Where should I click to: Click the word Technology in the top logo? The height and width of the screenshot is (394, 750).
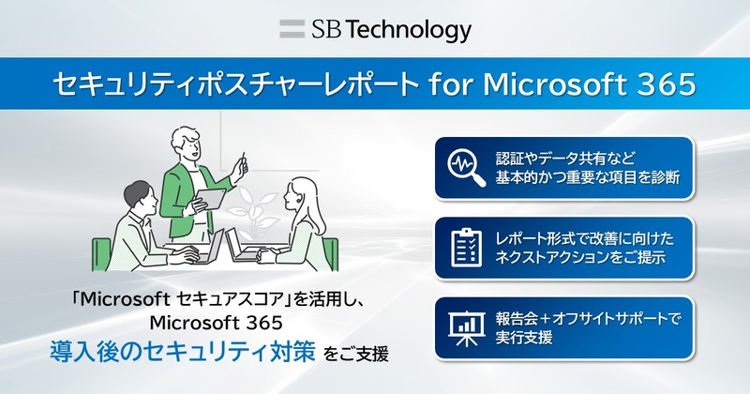pyautogui.click(x=409, y=30)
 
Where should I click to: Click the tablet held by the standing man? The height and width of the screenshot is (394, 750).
pyautogui.click(x=210, y=199)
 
